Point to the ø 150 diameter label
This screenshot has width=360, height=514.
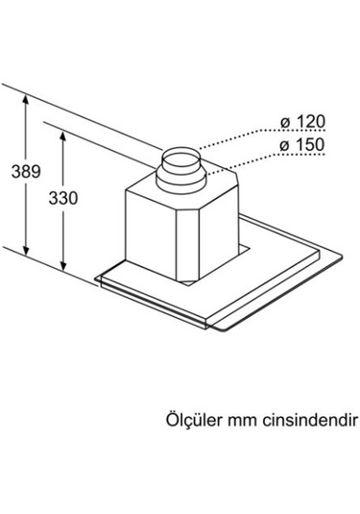[301, 145]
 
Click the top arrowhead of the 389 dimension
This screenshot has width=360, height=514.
[22, 97]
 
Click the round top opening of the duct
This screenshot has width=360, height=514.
[180, 154]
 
